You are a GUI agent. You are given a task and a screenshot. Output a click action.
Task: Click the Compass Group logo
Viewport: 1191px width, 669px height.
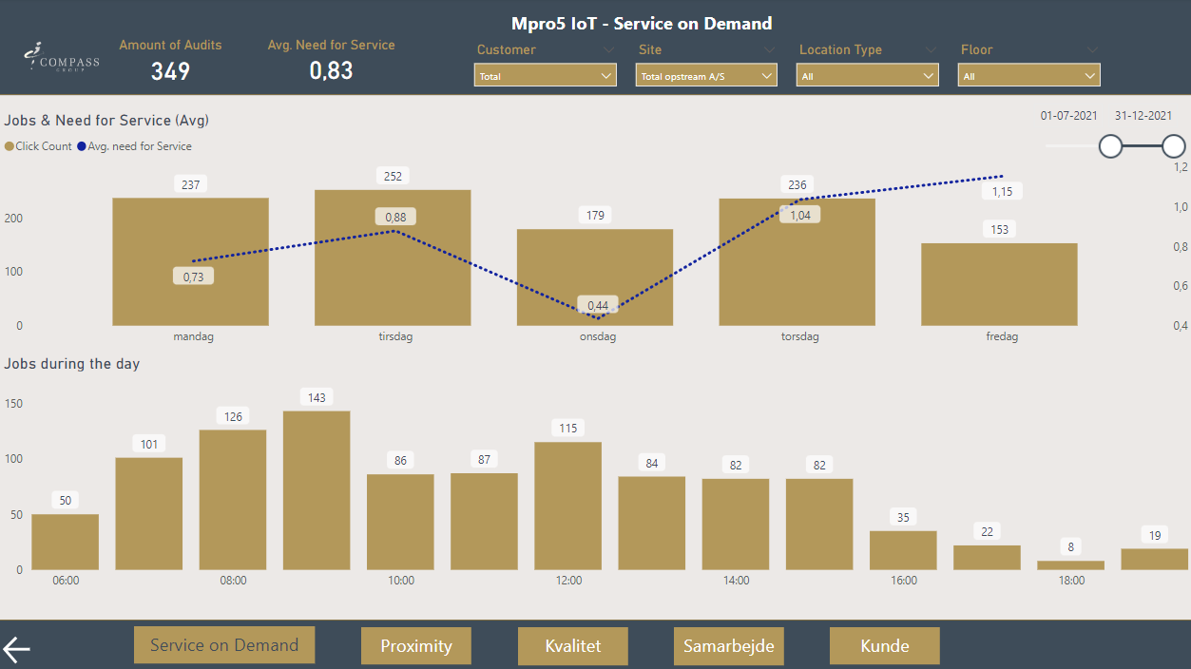pyautogui.click(x=62, y=57)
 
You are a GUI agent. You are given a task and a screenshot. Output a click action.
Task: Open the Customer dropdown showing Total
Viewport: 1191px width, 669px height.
pyautogui.click(x=545, y=76)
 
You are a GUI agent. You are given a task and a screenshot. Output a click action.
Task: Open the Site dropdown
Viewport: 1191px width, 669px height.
pyautogui.click(x=706, y=76)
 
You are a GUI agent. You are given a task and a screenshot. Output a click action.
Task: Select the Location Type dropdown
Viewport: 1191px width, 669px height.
pyautogui.click(x=867, y=76)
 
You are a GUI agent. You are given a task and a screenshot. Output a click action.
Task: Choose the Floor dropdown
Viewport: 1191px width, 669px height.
pyautogui.click(x=1028, y=76)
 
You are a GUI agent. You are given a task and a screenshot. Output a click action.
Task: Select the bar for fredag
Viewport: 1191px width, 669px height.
pyautogui.click(x=999, y=284)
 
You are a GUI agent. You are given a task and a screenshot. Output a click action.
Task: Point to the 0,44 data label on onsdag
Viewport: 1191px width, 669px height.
pyautogui.click(x=598, y=305)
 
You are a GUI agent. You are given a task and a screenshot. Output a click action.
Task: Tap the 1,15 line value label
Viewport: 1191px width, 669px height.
pyautogui.click(x=1002, y=192)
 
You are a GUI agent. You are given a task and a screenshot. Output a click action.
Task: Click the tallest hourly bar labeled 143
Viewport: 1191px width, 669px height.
pyautogui.click(x=317, y=490)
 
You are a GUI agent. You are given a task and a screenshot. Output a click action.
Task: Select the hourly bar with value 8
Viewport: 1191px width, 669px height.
pyautogui.click(x=1070, y=564)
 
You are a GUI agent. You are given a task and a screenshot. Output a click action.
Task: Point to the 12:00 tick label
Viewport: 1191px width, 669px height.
pyautogui.click(x=568, y=581)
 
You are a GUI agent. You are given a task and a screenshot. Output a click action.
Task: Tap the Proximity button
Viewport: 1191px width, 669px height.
pyautogui.click(x=416, y=646)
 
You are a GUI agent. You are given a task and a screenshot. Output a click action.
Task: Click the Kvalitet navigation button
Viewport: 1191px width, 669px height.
pyautogui.click(x=573, y=646)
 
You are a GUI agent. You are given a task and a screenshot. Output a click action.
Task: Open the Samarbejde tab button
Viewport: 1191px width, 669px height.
pyautogui.click(x=729, y=646)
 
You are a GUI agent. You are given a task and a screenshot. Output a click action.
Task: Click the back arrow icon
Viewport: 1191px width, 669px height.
pyautogui.click(x=17, y=649)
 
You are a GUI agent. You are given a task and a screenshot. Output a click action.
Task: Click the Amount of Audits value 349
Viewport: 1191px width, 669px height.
pyautogui.click(x=170, y=71)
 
